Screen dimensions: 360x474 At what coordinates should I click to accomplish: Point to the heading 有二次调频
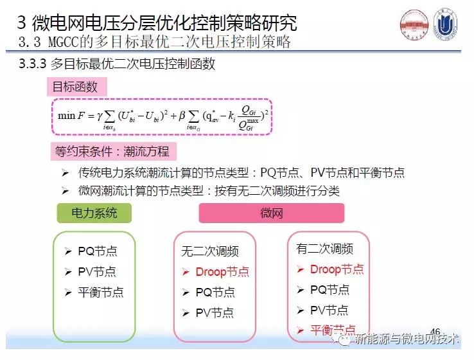(x=324, y=249)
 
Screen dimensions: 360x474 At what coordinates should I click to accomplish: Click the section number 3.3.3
(x=37, y=65)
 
